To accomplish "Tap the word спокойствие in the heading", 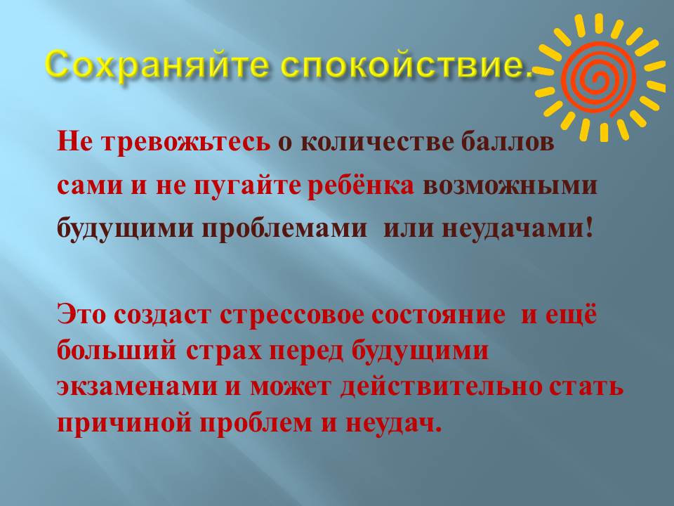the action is (x=401, y=65).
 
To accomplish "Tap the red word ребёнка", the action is (x=361, y=186).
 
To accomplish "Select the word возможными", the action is (x=510, y=186).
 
